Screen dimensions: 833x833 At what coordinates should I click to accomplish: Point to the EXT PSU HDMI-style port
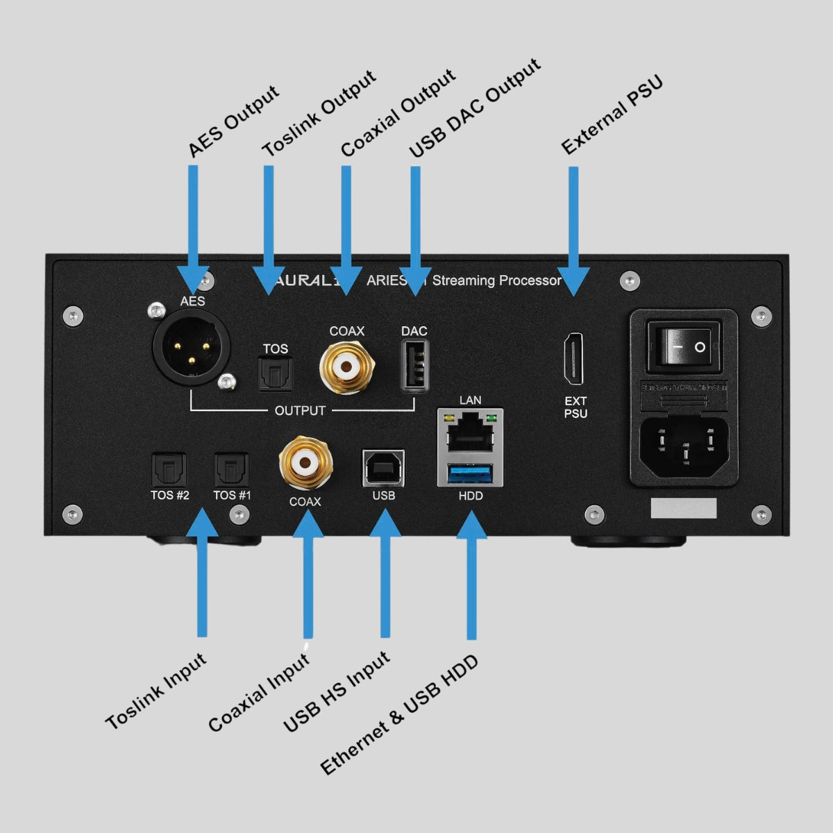click(x=574, y=359)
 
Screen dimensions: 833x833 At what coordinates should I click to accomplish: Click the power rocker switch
click(x=683, y=345)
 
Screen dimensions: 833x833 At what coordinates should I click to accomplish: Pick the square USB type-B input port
click(x=383, y=469)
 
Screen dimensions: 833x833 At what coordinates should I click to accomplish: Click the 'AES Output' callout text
click(x=233, y=122)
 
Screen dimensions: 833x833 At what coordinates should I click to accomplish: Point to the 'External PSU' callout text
click(x=612, y=115)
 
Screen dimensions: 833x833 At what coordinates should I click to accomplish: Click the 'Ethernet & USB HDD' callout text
click(x=399, y=714)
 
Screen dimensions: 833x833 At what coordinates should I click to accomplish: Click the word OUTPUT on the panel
click(x=300, y=410)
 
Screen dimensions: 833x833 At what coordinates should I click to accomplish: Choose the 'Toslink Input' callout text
click(x=156, y=691)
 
